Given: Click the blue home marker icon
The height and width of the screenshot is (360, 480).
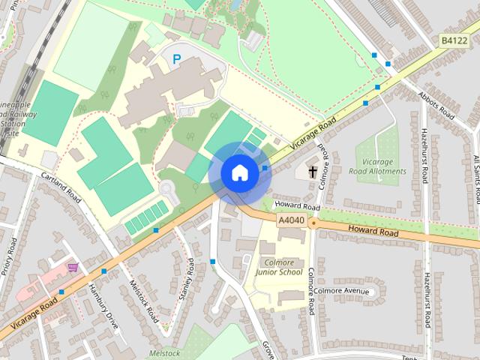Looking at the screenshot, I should pyautogui.click(x=239, y=173).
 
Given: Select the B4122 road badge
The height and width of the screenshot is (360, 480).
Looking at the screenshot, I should pyautogui.click(x=453, y=40).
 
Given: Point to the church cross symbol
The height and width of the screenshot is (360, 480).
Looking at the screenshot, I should pyautogui.click(x=310, y=172).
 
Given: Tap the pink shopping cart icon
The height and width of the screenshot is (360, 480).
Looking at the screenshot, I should pyautogui.click(x=73, y=267).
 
